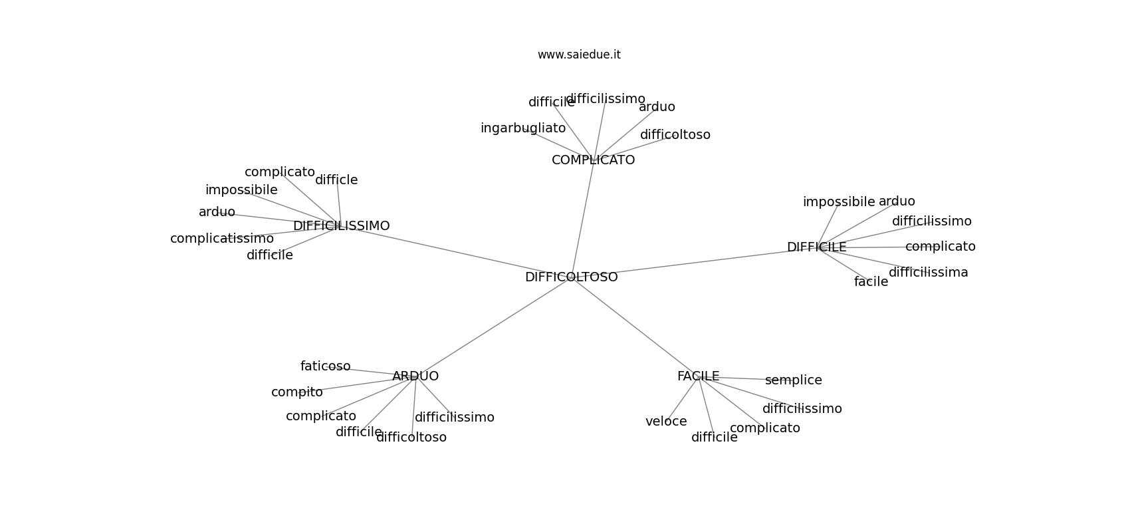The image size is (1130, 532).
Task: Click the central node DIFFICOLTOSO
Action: point(571,277)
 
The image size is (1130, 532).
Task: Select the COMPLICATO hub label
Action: point(593,160)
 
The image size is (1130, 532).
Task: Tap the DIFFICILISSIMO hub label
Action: point(341,226)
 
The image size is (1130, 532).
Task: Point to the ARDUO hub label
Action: point(415,376)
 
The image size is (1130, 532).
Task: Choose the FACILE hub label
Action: point(698,376)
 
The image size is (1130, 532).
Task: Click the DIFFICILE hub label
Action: point(816,247)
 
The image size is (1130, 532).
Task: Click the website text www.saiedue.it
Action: point(579,55)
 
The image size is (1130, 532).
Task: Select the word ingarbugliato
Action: point(523,128)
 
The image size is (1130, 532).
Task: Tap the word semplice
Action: point(793,380)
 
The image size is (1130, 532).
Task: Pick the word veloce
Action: point(666,422)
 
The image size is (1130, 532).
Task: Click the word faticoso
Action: point(325,366)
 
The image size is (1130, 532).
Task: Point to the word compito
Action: point(296,392)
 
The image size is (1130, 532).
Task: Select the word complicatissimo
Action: point(221,239)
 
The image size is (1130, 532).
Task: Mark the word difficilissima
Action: point(928,273)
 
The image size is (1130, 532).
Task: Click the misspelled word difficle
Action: point(336,180)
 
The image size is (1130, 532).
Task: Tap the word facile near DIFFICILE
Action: point(871,282)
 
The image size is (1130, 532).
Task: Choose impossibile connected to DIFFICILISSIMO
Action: point(241,190)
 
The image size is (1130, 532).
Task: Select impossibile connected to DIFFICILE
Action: point(839,202)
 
